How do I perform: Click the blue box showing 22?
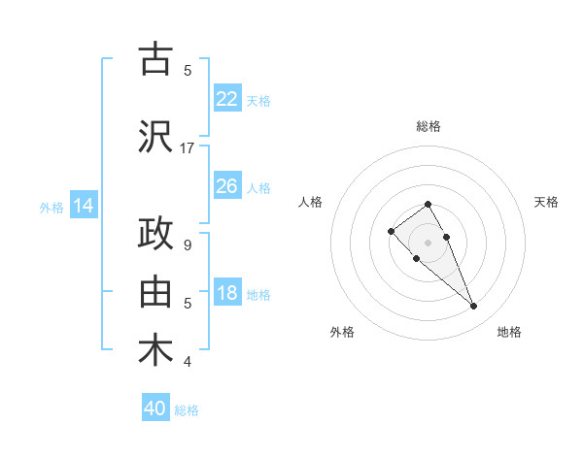pos(227,99)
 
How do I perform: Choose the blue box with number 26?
pos(227,186)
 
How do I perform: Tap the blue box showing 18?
pos(227,293)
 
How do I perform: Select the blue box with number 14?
pos(83,206)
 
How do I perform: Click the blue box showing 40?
pos(155,408)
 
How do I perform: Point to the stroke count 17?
pos(188,148)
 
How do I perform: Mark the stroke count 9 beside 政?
pos(188,245)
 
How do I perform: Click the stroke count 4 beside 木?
pos(188,362)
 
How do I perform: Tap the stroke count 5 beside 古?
pos(188,70)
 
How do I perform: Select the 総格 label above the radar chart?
pos(428,126)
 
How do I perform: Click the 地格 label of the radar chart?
pos(509,332)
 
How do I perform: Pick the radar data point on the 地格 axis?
pos(473,307)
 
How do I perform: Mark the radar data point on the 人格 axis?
pos(391,231)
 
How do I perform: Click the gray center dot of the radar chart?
pos(428,243)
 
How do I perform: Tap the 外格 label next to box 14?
pos(51,207)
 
